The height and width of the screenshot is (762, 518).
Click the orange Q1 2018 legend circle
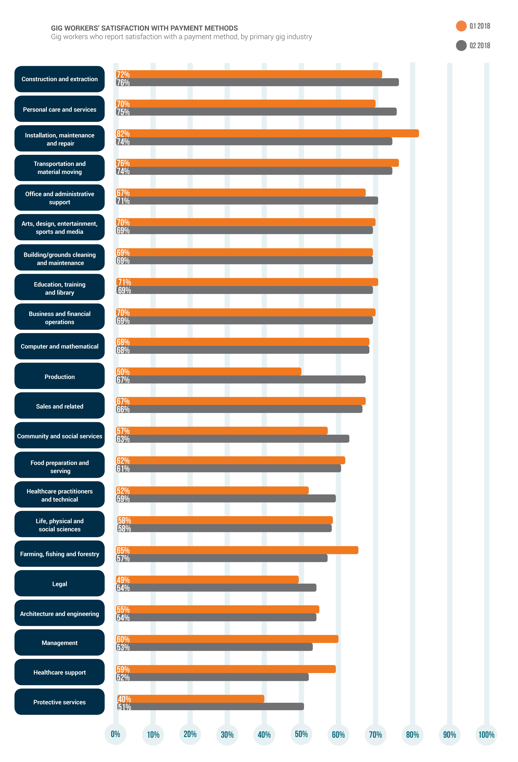pos(461,26)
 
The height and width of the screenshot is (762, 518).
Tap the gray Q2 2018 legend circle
pos(461,46)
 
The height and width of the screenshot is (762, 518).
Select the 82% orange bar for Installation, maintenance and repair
pos(267,133)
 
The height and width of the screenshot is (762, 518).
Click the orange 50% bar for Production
pos(208,371)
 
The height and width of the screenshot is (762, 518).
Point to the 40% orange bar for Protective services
pos(190,699)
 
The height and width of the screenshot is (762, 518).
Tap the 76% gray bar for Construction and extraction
pos(257,82)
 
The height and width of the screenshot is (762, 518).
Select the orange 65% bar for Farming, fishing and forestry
pos(237,550)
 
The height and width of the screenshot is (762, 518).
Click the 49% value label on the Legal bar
pos(123,580)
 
